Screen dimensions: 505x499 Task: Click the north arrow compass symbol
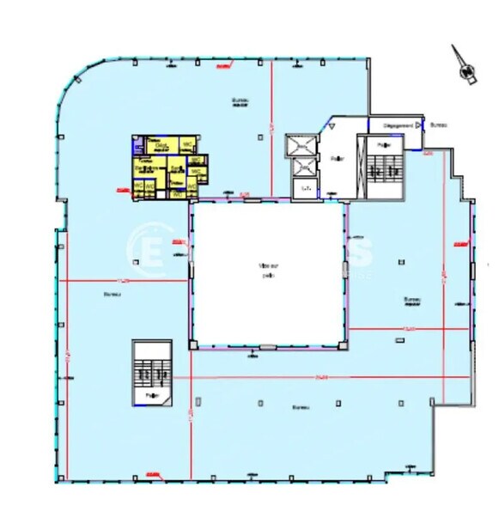466,70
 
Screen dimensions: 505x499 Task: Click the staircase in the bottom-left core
152,370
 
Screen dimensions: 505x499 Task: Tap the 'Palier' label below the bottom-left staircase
152,396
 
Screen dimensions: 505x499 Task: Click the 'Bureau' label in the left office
112,294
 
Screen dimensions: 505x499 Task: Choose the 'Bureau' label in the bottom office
300,407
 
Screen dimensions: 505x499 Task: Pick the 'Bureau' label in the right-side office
411,300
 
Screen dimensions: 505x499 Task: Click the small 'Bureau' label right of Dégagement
438,125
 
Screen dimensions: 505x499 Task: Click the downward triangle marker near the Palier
328,127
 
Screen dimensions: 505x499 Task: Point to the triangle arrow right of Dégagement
419,125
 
